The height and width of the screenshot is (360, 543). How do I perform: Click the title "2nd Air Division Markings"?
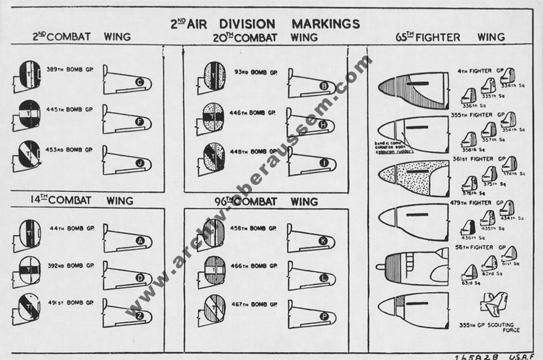(x=265, y=24)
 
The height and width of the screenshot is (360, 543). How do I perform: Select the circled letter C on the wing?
(x=139, y=83)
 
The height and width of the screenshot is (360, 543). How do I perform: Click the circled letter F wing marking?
(x=139, y=122)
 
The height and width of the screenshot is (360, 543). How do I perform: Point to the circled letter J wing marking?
(x=139, y=162)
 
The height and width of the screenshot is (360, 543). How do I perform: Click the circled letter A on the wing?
(x=140, y=241)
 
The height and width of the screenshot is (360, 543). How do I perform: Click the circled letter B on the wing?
(x=324, y=86)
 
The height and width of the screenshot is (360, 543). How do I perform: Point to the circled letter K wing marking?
(x=324, y=241)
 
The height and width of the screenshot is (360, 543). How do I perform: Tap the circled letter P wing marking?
(x=324, y=316)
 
